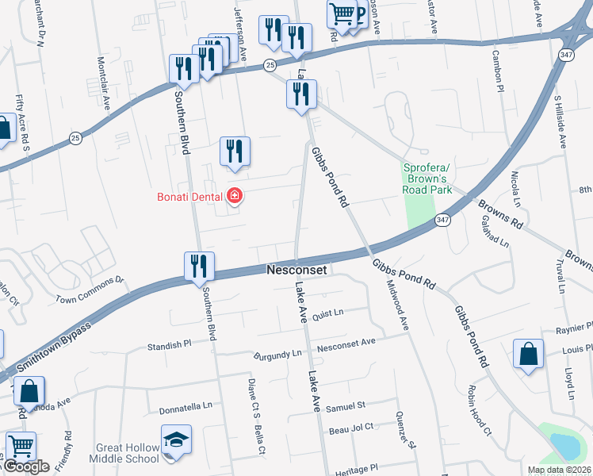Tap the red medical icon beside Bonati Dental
(235, 195)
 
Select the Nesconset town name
(296, 271)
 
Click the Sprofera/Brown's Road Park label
(427, 178)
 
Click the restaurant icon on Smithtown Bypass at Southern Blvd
(199, 267)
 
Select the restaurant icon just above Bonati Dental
(235, 152)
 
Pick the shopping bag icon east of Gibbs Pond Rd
(528, 355)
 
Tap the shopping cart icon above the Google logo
(20, 447)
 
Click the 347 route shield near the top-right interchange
(565, 55)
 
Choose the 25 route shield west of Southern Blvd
(74, 138)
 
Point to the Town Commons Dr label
(90, 290)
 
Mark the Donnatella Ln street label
(186, 405)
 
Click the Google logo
(25, 466)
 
